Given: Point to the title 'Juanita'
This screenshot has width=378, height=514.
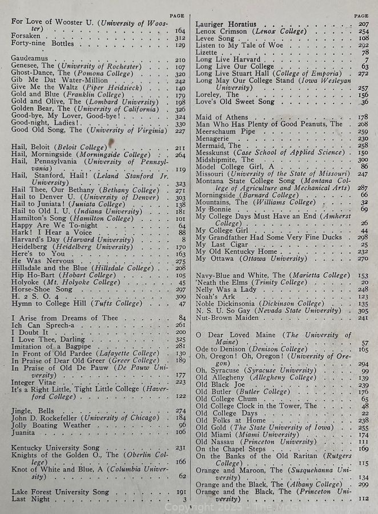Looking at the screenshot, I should click(x=24, y=432).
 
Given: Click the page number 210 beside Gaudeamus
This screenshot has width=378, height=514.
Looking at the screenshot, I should click(x=180, y=59).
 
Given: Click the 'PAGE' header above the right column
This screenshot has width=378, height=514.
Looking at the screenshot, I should click(x=361, y=16).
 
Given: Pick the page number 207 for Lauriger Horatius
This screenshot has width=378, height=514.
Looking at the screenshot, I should click(x=363, y=24).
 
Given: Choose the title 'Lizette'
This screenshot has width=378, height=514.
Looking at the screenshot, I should click(x=207, y=52).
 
